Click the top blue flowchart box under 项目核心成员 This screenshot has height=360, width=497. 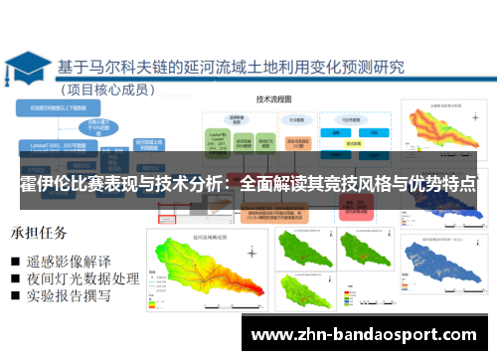click(x=62, y=106)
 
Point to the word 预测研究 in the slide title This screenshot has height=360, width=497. click(x=368, y=69)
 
